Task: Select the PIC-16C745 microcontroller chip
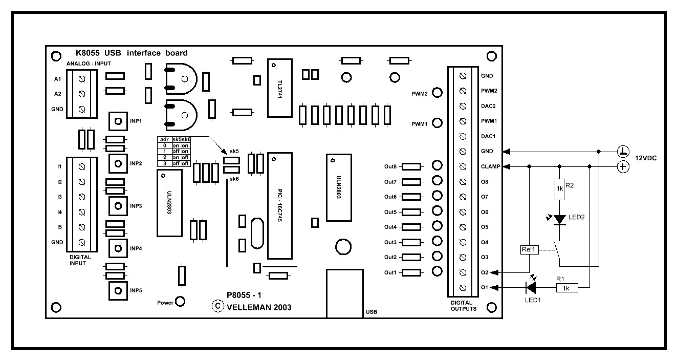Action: tap(279, 205)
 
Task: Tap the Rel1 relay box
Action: tap(528, 250)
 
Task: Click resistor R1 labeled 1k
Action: tap(564, 288)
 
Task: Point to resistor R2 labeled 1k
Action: tap(559, 188)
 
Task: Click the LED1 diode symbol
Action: tap(531, 288)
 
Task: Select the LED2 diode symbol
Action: tap(559, 219)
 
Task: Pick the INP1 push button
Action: tap(118, 121)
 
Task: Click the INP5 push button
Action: tap(118, 291)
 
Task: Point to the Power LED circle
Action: tap(180, 302)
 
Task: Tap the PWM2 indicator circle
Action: tap(437, 93)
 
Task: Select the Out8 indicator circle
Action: tap(437, 166)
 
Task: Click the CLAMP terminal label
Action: tap(490, 166)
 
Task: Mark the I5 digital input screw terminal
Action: tap(81, 227)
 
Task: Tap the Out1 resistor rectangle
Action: tap(411, 272)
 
